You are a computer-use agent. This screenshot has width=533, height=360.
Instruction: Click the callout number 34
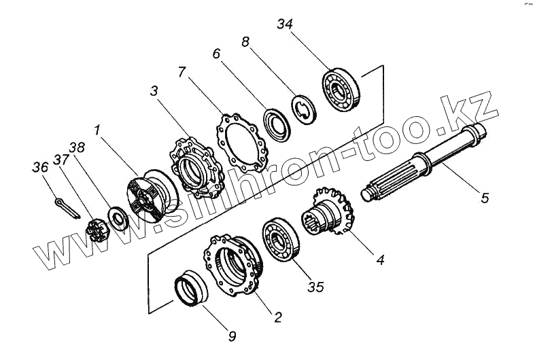click(x=286, y=25)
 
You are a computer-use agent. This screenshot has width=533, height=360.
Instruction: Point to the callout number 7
click(x=182, y=72)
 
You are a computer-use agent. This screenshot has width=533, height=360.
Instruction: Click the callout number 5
click(x=485, y=198)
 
